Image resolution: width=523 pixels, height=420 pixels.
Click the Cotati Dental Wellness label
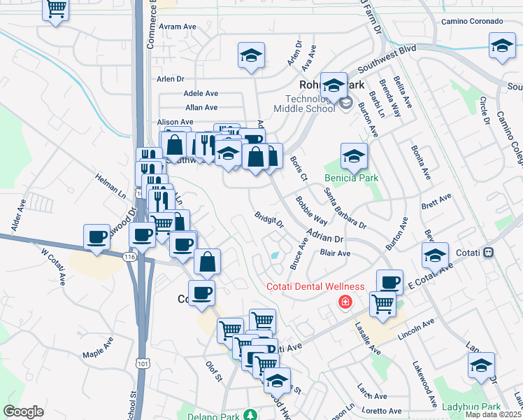click(x=316, y=286)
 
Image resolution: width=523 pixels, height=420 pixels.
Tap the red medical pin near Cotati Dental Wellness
click(x=344, y=302)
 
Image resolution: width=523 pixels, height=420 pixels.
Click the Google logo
click(x=23, y=412)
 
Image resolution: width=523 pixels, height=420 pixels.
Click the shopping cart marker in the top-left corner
click(x=56, y=10)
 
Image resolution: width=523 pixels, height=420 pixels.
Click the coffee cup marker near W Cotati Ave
click(x=96, y=237)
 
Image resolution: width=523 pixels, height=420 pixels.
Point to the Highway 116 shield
click(x=129, y=258)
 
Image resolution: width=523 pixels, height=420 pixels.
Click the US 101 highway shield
click(x=143, y=363)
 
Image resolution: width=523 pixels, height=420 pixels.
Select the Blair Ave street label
click(x=334, y=253)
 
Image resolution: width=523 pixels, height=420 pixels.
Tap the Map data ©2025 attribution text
click(x=494, y=414)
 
